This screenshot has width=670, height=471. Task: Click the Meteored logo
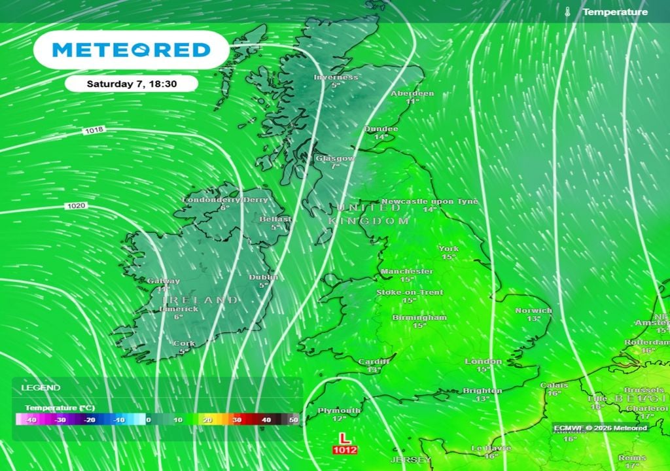point(131,50)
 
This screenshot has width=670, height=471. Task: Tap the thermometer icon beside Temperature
point(567,12)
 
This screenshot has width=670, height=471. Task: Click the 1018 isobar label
point(94,131)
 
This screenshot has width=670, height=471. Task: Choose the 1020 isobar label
point(75,206)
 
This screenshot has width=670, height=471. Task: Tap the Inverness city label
point(336,77)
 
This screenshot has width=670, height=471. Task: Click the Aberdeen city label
point(412,94)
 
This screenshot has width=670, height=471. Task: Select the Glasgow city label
point(335,158)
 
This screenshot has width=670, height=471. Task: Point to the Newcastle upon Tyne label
point(429,201)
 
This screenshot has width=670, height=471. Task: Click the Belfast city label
point(275,219)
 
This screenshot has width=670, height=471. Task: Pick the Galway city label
point(163,281)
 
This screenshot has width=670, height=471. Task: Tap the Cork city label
point(183,343)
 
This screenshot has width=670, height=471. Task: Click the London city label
point(483,361)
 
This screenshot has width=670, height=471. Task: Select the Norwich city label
point(533,310)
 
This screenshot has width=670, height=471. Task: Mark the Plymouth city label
point(338,410)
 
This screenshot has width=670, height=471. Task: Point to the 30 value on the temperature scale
point(238,420)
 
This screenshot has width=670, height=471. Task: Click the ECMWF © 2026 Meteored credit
point(600,428)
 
